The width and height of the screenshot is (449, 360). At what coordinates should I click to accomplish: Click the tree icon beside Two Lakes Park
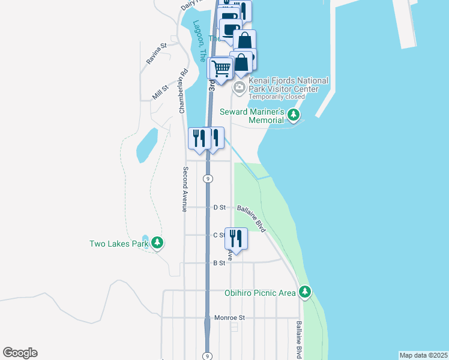pos(157,243)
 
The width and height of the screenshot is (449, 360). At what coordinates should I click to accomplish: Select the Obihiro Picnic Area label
pos(260,292)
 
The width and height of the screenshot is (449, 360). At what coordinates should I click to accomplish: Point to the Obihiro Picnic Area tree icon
pos(306,292)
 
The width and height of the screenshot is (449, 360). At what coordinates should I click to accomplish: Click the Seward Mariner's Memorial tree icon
pos(294,114)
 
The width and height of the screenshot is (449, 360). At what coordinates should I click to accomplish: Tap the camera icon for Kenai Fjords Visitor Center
pos(239,88)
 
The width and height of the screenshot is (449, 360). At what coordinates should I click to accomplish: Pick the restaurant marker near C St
pos(236,238)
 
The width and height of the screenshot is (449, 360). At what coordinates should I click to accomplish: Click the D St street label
pos(219,208)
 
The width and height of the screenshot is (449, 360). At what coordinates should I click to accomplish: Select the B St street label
pos(219,263)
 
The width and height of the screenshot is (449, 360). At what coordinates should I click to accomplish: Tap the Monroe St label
pos(226,317)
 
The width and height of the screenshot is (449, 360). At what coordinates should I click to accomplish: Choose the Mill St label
pos(160,93)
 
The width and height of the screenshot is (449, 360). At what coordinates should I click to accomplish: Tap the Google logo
pos(20,353)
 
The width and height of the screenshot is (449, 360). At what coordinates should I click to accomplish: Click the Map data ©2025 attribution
pos(424,355)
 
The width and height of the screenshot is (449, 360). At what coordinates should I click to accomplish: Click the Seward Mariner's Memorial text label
pos(252,116)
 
